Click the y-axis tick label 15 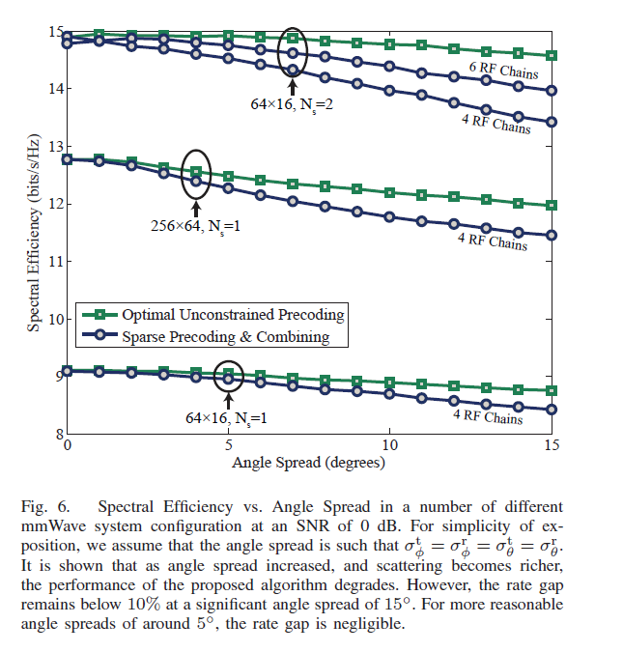[54, 31]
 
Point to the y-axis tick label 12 [54, 204]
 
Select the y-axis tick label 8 [57, 434]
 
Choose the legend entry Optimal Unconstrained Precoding [233, 315]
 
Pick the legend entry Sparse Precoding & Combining [226, 337]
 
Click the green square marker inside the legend [100, 315]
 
